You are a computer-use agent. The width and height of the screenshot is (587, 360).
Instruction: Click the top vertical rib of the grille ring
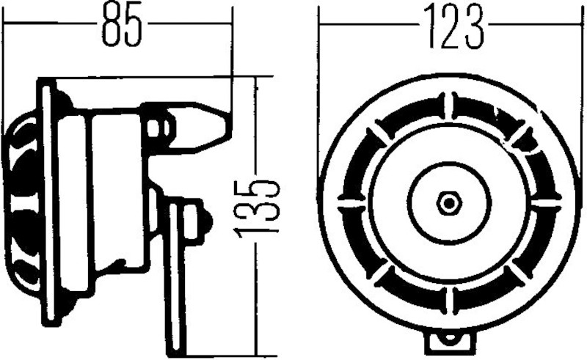tap(450, 105)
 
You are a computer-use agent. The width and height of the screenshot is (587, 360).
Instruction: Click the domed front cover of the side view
tap(18, 198)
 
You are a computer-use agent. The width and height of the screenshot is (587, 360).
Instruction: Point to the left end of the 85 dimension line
tap(4, 23)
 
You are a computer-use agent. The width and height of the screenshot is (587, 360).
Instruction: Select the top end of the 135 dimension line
tap(257, 76)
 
